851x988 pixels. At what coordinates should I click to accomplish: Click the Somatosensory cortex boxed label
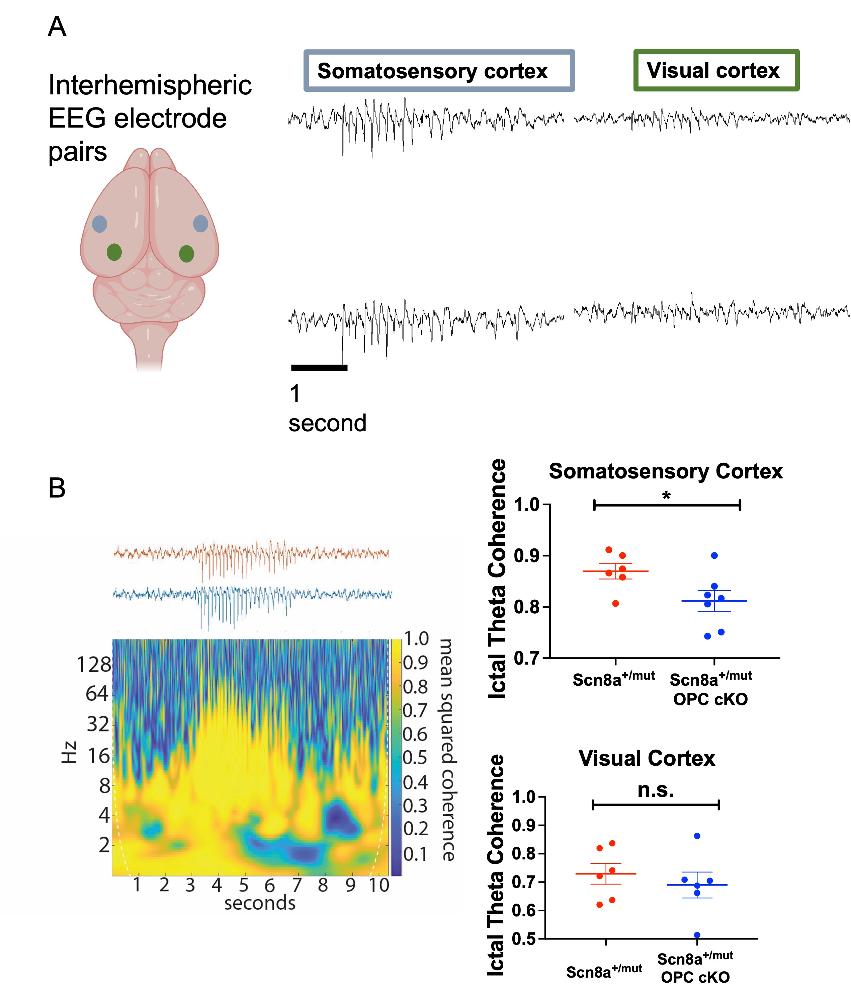click(x=438, y=71)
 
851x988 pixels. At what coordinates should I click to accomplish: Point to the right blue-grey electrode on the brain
click(x=200, y=224)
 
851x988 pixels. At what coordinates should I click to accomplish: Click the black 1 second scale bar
click(x=319, y=368)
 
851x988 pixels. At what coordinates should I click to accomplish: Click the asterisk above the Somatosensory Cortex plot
click(x=666, y=496)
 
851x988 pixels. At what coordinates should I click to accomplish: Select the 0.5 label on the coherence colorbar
click(x=415, y=758)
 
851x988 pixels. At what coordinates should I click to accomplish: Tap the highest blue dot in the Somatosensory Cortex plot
click(x=714, y=555)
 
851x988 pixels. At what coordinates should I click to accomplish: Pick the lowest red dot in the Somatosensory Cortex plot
click(x=616, y=604)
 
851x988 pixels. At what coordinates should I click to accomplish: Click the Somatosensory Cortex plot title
click(x=666, y=471)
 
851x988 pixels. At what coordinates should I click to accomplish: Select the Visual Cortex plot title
click(x=647, y=758)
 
